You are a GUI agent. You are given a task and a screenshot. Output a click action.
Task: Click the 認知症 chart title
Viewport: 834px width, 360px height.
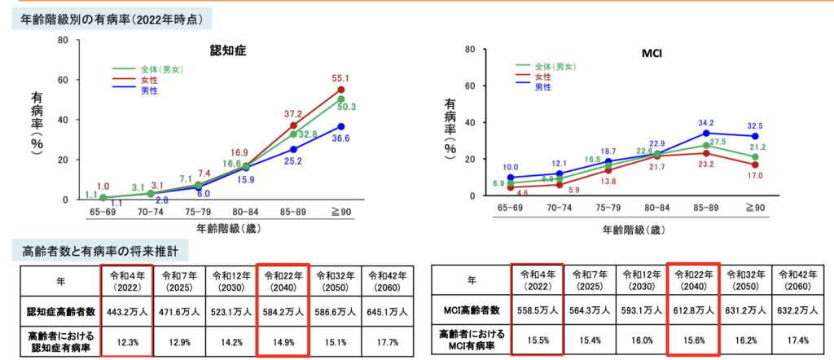tap(228, 50)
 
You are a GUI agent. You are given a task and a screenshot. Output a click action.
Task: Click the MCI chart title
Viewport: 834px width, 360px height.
tap(652, 55)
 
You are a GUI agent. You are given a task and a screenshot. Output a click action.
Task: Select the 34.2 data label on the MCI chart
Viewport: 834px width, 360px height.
tap(708, 124)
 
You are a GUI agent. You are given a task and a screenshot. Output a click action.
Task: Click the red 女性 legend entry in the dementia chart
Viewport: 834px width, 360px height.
tap(149, 80)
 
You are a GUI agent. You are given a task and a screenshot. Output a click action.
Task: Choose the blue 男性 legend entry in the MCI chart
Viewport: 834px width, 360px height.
tap(542, 86)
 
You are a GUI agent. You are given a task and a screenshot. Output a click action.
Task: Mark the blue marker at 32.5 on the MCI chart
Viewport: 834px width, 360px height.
tap(754, 136)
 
